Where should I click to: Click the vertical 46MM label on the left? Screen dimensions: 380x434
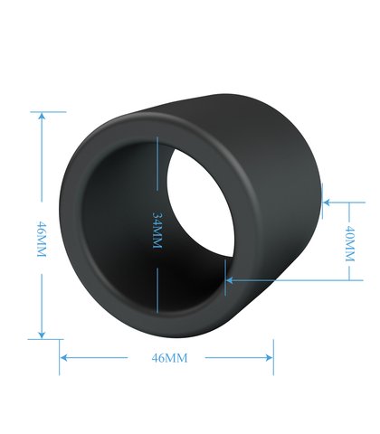tap(42, 239)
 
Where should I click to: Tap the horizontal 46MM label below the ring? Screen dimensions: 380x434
tap(169, 358)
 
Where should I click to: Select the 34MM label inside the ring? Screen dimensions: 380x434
tap(157, 231)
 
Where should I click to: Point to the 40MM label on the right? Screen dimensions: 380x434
tap(349, 243)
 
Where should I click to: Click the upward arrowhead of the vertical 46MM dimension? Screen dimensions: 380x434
tap(42, 116)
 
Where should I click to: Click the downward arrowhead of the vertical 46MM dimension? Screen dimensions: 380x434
tap(42, 335)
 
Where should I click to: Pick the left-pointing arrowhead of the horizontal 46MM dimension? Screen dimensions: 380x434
tap(64, 358)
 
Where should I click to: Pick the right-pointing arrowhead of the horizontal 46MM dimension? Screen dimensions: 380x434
tap(269, 358)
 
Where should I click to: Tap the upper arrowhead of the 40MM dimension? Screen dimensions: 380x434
tap(327, 203)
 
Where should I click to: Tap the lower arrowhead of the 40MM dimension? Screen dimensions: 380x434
tap(230, 280)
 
